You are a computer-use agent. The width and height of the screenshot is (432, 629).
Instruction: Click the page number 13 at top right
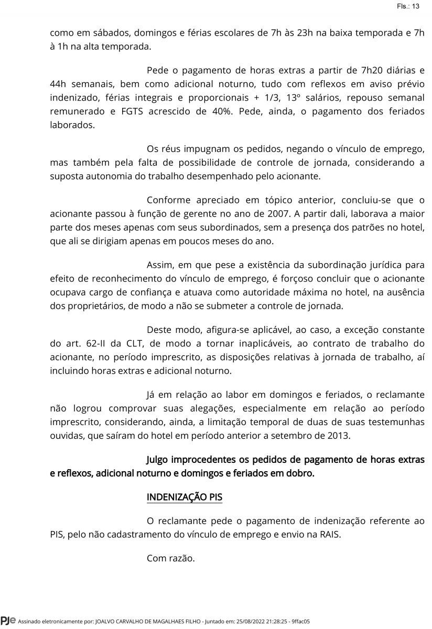(416, 6)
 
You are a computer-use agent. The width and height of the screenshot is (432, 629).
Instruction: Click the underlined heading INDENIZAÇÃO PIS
(185, 497)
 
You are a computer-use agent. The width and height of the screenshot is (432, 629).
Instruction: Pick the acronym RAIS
(330, 535)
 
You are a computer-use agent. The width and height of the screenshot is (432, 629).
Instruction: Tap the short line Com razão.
(170, 559)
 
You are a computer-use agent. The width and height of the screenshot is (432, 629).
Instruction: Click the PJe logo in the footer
(8, 621)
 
